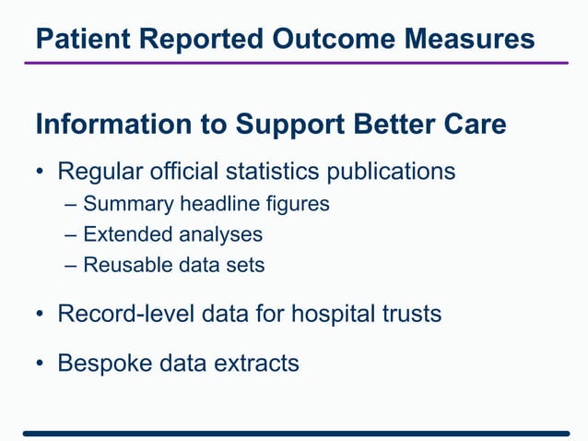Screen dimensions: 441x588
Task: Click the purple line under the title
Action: (295, 63)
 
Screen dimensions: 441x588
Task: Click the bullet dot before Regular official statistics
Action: (41, 173)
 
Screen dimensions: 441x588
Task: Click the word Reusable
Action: (124, 265)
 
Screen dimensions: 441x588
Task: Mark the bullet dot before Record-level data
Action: (41, 315)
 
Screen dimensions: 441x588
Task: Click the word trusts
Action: (412, 314)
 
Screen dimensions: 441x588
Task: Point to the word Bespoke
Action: (100, 364)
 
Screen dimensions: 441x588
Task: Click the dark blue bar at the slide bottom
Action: (295, 432)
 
